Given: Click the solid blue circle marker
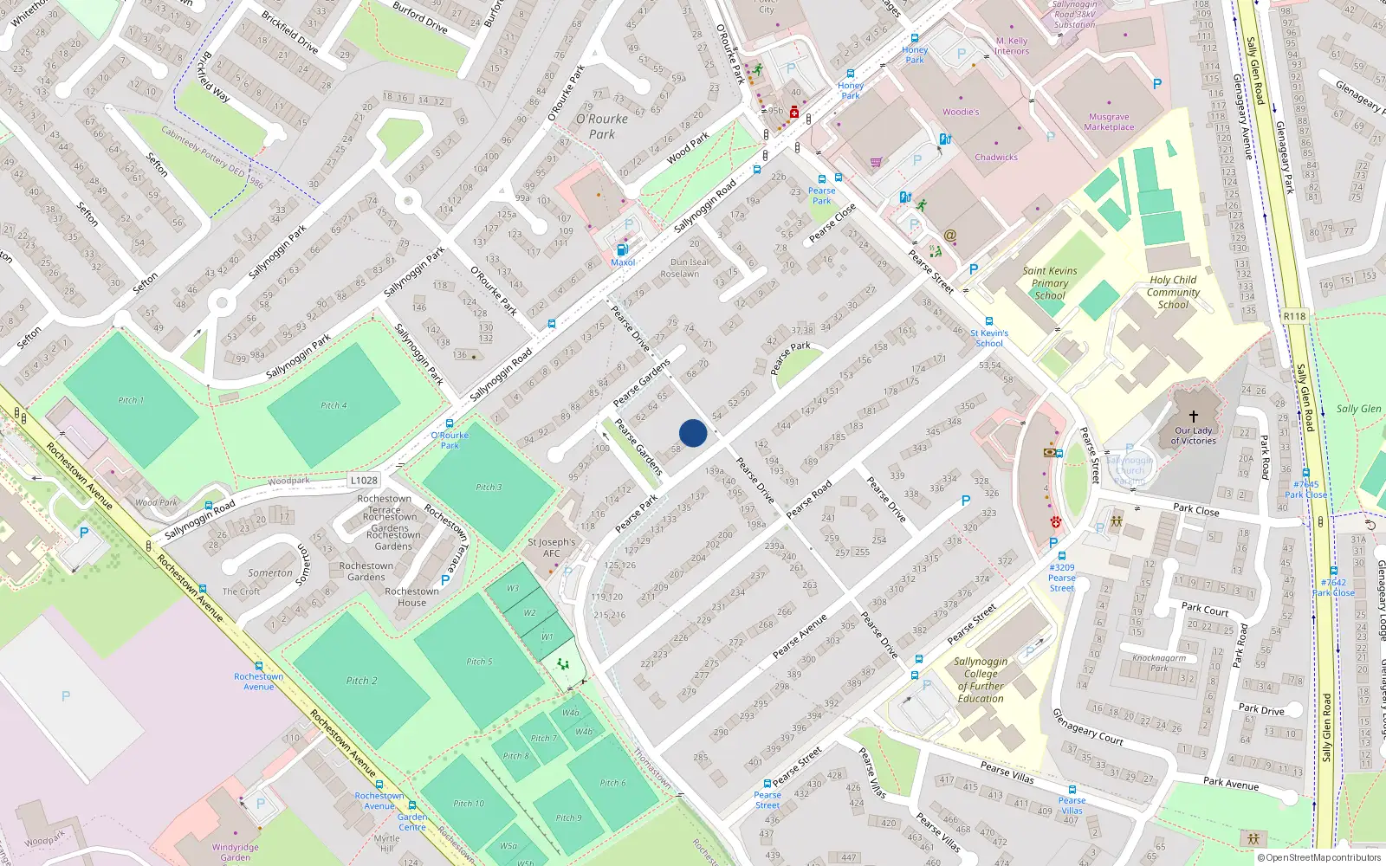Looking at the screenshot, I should click(x=693, y=433).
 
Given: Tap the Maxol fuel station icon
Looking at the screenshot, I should click(x=622, y=249).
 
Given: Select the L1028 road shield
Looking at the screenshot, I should click(x=365, y=480).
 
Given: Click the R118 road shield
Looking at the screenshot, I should click(x=1294, y=316).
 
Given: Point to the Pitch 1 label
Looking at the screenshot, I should click(x=131, y=400).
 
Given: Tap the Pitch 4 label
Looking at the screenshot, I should click(x=334, y=405).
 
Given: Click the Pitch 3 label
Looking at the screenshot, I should click(x=489, y=487).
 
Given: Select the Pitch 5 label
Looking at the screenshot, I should click(x=479, y=662).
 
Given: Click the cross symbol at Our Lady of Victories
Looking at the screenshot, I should click(x=1193, y=417).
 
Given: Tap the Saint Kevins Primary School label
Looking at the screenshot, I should click(x=1050, y=283).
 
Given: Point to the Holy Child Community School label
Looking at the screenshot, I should click(x=1173, y=292).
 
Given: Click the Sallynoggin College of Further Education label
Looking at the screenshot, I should click(x=981, y=680).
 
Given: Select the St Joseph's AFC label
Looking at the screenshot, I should click(x=551, y=547).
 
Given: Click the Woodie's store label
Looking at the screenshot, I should click(x=961, y=112).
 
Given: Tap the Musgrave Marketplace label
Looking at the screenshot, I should click(x=1109, y=122).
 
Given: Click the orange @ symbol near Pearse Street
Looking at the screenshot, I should click(x=949, y=235).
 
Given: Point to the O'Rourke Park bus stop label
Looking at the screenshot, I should click(x=450, y=440).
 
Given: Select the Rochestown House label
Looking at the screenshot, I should click(x=411, y=597).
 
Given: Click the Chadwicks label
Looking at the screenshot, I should click(x=996, y=158).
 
